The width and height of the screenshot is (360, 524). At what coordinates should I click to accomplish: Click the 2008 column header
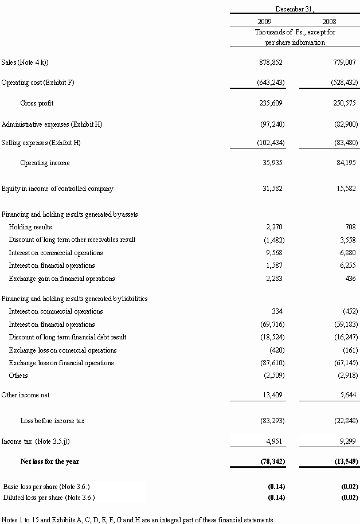[330, 21]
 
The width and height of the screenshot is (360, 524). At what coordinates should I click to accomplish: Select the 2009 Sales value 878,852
[271, 62]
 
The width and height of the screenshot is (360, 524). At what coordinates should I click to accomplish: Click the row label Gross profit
[37, 103]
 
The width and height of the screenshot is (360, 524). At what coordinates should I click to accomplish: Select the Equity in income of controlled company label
[57, 189]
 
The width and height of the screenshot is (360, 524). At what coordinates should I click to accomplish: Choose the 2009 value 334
[279, 311]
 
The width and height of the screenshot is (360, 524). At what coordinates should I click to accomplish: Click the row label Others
[18, 376]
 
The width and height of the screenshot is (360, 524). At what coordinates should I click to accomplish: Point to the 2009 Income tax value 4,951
[276, 441]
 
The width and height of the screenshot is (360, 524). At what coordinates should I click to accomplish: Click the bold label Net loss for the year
[50, 462]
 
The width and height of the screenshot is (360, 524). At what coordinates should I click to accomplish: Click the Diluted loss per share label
[49, 497]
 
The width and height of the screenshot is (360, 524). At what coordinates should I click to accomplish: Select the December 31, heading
[295, 9]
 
